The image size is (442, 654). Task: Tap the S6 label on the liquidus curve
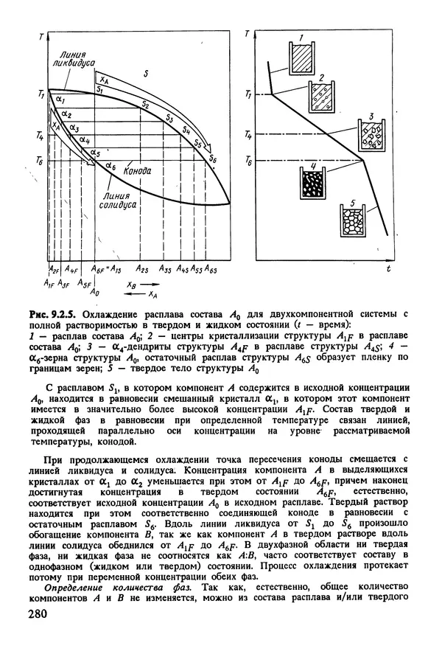pos(213,158)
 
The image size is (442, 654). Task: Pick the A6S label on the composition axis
pos(211,271)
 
